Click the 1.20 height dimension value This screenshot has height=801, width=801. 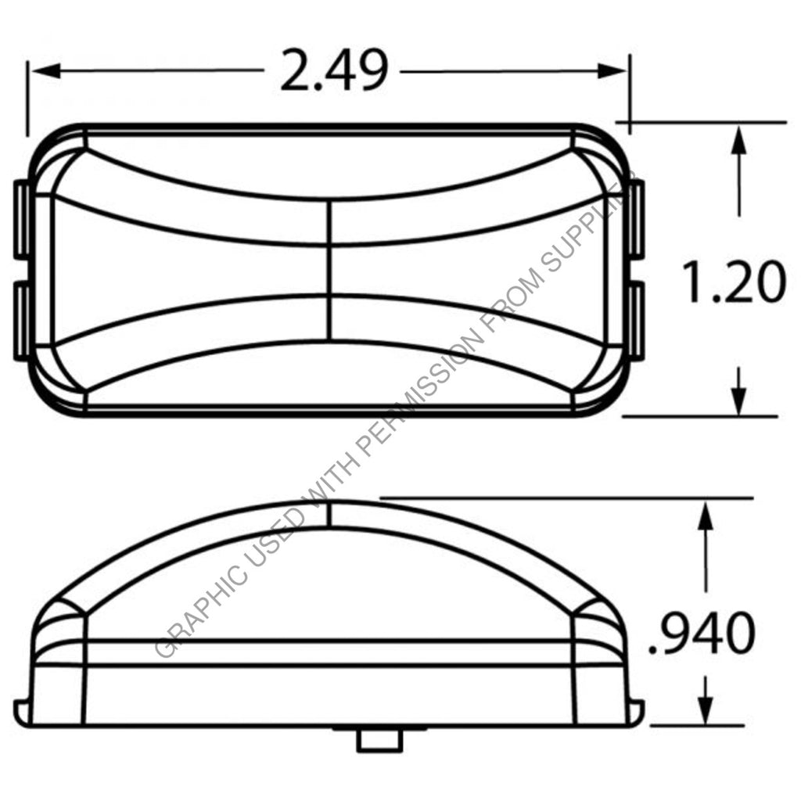tap(734, 282)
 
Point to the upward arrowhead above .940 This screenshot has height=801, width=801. tap(706, 516)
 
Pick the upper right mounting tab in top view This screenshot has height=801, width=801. tap(636, 220)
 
